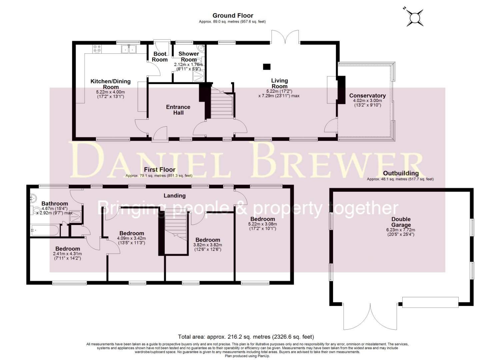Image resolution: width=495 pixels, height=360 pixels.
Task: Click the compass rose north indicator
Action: coord(415,18)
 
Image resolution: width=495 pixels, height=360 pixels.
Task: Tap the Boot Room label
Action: coord(160,57)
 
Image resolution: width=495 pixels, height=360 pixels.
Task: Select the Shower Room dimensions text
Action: coord(188,67)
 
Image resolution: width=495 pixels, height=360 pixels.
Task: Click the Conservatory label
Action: coord(367,96)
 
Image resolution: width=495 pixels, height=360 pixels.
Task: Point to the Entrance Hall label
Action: coord(178,110)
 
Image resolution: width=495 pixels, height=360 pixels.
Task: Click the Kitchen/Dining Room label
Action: coord(110,84)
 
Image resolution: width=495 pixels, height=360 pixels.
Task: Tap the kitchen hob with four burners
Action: coord(97,49)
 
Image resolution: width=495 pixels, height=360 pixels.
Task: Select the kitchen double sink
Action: coord(129,49)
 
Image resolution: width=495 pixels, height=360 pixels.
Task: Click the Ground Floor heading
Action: coord(233,15)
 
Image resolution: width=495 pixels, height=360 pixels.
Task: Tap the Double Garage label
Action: coord(401,222)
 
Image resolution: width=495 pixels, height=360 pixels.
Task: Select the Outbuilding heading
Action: coord(401,173)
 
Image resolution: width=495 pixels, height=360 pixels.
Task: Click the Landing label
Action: coord(174,196)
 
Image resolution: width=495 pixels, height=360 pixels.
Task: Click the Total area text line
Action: coord(246,337)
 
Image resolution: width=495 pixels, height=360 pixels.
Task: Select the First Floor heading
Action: coord(159,170)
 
